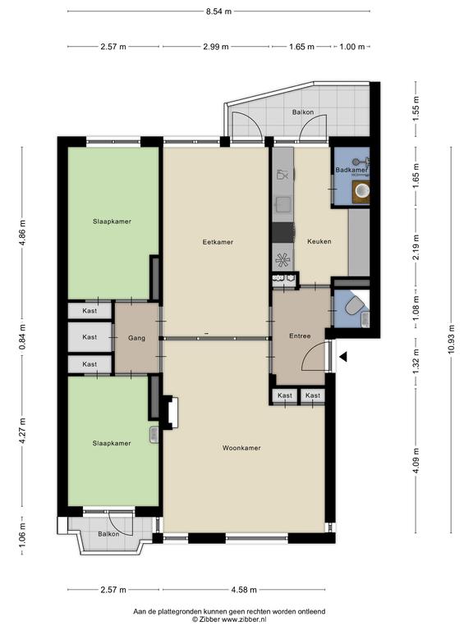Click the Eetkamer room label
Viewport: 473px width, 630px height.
tap(218, 242)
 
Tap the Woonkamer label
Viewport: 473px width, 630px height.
tap(241, 448)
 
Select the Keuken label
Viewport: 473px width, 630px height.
tap(319, 242)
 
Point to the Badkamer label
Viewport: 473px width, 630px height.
tap(351, 170)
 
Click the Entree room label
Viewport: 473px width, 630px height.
tap(300, 336)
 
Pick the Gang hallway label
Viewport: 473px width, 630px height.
tap(136, 337)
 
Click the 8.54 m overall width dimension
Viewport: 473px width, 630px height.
tap(217, 12)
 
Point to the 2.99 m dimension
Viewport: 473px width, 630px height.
tap(217, 47)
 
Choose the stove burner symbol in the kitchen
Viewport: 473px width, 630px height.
tap(282, 260)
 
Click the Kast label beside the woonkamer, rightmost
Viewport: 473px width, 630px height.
tap(312, 396)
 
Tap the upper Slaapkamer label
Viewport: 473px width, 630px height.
tap(113, 221)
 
